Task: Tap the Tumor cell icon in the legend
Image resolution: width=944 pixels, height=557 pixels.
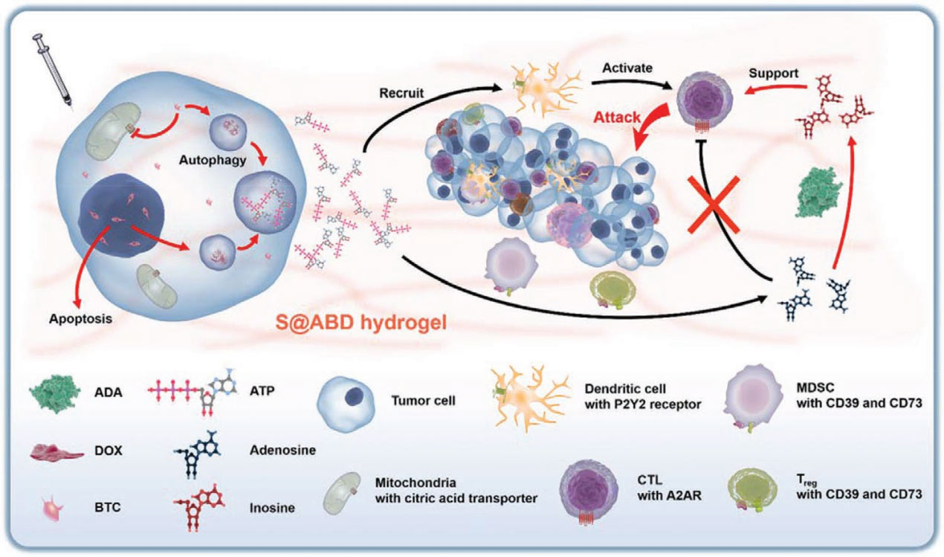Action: pyautogui.click(x=343, y=400)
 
